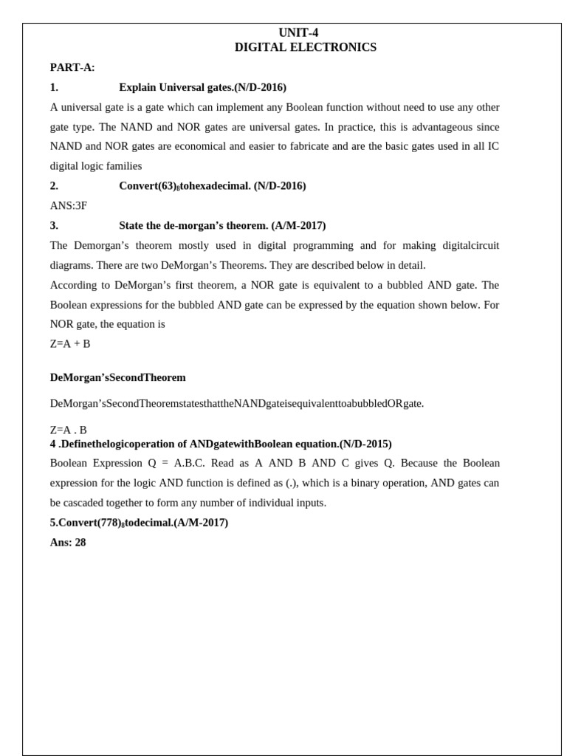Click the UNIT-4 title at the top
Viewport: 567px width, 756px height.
298,32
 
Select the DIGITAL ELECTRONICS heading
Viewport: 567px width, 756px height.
305,47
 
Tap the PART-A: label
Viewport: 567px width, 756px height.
72,67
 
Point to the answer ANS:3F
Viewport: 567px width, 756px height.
68,206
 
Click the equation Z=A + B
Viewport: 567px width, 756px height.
70,344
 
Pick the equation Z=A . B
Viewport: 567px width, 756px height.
68,430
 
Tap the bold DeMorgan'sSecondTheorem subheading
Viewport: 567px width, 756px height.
118,377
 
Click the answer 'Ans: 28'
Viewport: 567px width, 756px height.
68,542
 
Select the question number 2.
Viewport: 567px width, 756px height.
54,186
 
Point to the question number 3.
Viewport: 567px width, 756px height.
54,225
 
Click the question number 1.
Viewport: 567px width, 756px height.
54,87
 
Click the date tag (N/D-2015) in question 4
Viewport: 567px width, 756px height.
365,444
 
